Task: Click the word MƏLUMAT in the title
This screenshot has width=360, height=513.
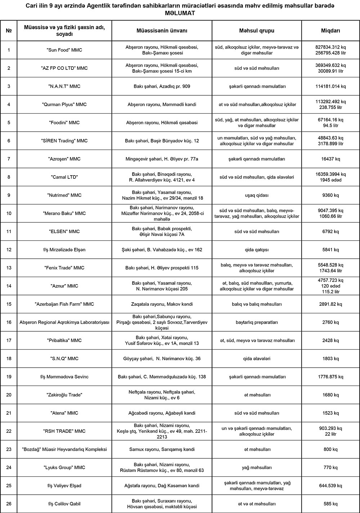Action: [180, 13]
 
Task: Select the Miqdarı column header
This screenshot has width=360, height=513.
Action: [330, 31]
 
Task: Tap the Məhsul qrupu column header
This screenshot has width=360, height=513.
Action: [256, 31]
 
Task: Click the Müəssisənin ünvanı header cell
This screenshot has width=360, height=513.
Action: [162, 31]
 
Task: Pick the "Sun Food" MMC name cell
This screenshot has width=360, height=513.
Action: [64, 50]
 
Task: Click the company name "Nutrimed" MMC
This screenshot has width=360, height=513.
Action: [64, 195]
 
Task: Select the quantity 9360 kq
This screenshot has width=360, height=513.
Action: [330, 195]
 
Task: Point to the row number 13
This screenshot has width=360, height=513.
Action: [9, 268]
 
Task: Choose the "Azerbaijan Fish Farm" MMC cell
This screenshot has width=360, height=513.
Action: [64, 304]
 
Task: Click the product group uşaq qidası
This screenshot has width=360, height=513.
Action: [256, 195]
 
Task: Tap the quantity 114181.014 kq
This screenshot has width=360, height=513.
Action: [330, 86]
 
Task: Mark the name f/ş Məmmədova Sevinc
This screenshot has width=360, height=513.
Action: [64, 377]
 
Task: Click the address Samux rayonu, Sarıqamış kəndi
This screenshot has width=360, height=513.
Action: [162, 449]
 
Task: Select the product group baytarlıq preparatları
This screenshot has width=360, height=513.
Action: [256, 322]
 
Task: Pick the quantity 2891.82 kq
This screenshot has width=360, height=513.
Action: [330, 304]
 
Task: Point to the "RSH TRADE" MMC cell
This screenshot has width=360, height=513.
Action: [64, 431]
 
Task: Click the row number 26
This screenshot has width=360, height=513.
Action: [9, 504]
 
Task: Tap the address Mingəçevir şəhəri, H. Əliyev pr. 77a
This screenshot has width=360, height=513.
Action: [162, 159]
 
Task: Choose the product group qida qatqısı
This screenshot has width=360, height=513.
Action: [256, 250]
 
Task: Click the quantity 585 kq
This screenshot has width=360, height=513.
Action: [330, 504]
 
